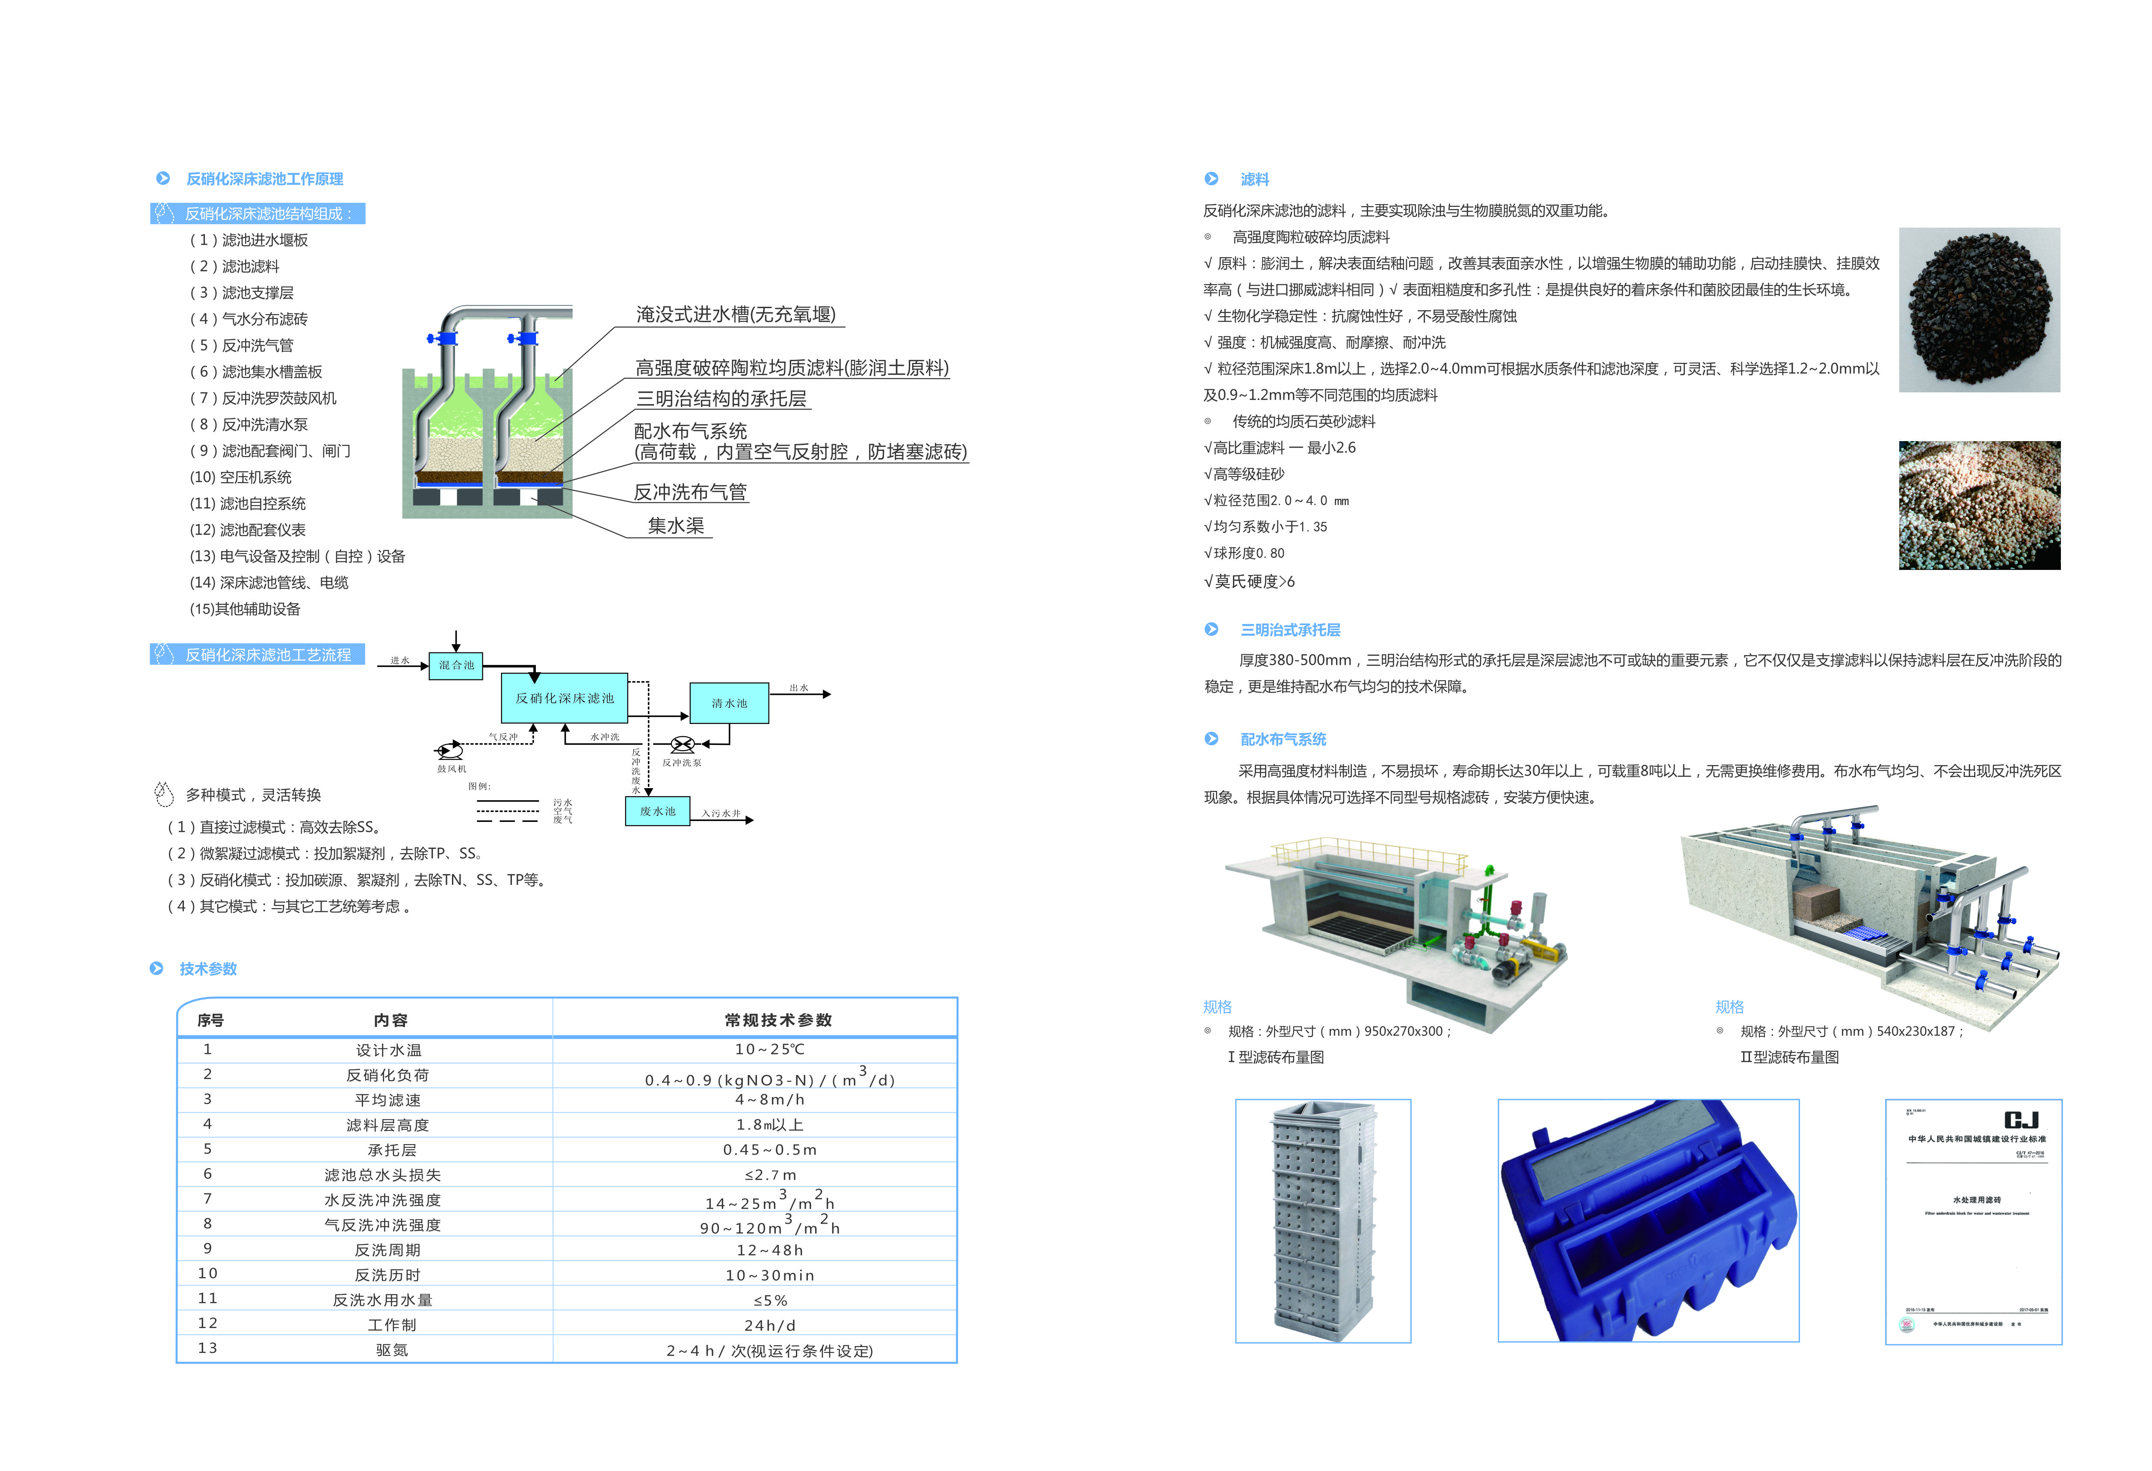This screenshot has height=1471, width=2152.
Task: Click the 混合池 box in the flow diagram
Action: (x=455, y=665)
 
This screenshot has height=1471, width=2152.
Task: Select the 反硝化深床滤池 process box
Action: (x=564, y=697)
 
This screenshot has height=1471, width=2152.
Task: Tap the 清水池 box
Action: (x=729, y=703)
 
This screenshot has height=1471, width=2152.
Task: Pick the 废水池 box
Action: (x=657, y=810)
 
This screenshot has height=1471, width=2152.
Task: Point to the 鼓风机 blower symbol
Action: (x=450, y=750)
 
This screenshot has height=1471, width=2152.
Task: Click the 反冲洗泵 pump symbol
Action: (x=683, y=744)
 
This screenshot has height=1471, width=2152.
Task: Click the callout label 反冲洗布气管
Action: (x=690, y=492)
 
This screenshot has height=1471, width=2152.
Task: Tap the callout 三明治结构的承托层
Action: (x=721, y=398)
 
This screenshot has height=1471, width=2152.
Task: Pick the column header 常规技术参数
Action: (x=778, y=1020)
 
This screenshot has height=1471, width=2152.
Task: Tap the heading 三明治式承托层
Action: (x=1290, y=630)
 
